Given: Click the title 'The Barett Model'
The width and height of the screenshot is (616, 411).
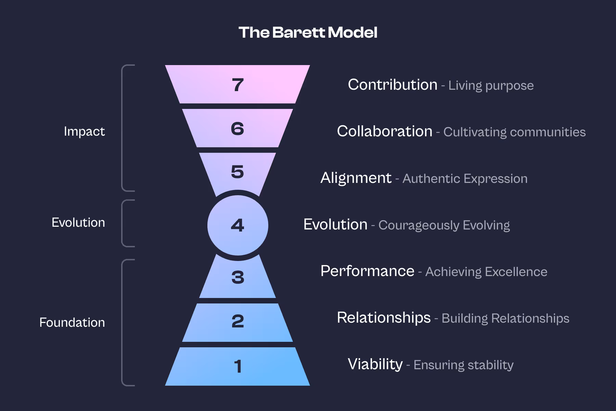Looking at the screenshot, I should coord(308,33).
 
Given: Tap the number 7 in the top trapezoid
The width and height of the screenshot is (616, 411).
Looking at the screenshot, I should coord(238,85).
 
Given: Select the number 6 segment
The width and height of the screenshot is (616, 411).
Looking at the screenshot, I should coord(238,129).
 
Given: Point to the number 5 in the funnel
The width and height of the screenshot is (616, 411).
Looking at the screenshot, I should coord(238,172).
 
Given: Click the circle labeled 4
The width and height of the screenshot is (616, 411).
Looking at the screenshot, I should coord(238,225).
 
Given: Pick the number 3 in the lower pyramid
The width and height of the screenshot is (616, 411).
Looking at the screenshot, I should coord(238,277).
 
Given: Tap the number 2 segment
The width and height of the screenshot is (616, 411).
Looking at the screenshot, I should coord(238,321).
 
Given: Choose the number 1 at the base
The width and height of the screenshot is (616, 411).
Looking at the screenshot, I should coord(238,366).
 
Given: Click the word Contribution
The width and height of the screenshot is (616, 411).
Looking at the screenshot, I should coord(393,85).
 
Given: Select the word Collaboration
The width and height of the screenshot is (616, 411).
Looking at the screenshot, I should coord(384,131).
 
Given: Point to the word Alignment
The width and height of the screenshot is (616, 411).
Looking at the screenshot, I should coord(356,178).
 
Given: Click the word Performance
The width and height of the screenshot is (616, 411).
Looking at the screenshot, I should coord(367,271).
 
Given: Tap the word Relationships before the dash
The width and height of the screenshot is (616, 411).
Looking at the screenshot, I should coord(384,318).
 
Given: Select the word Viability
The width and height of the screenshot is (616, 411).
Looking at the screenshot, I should coord(375,364).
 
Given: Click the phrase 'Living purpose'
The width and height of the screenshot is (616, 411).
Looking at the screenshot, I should coord(491,86).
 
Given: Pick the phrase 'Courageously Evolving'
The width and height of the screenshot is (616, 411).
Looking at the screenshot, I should coord(444,225).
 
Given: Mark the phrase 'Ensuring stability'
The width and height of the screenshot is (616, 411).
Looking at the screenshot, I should coord(463,365).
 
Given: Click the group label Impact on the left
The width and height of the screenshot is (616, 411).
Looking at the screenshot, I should coord(84,132).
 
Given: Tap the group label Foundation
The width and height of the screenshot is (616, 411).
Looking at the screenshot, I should coord(72,323).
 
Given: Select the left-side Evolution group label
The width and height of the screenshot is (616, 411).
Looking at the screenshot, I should coord(78,223).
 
